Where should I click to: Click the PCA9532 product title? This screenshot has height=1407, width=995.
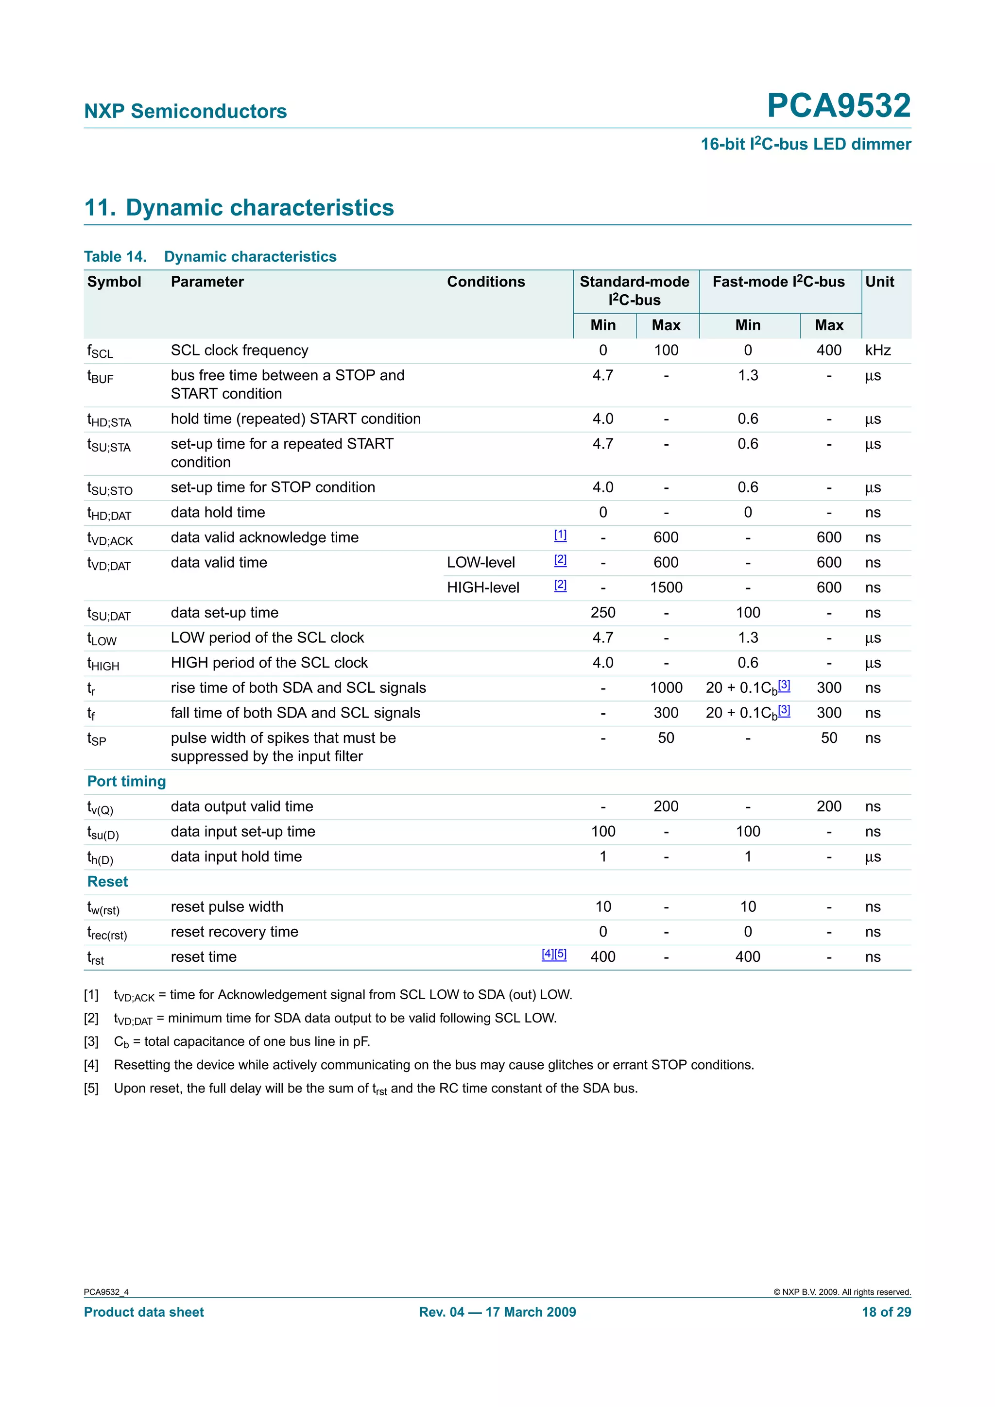838,105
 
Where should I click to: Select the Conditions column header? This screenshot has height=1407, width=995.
485,282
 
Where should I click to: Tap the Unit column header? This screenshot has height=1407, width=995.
879,282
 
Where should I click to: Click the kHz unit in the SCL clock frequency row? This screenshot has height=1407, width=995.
877,351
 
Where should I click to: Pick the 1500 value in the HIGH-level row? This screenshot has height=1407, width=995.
666,587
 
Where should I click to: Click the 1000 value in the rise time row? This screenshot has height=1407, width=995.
666,688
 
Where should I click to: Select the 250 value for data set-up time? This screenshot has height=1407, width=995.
602,613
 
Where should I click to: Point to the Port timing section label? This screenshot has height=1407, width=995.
126,781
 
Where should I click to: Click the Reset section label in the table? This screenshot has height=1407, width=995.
107,882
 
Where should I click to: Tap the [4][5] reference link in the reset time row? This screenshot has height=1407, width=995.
553,954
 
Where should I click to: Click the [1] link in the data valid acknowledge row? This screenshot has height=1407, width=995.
560,535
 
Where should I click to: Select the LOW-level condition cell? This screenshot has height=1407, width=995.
480,563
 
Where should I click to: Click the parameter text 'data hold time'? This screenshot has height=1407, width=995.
218,512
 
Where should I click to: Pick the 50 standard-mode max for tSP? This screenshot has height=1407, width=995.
666,738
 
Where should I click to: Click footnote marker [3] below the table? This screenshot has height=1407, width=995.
91,1042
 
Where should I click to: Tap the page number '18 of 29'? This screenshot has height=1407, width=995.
886,1312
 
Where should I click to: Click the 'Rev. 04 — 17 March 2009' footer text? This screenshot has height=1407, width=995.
497,1312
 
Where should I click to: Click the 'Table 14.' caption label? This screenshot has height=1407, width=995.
115,257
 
